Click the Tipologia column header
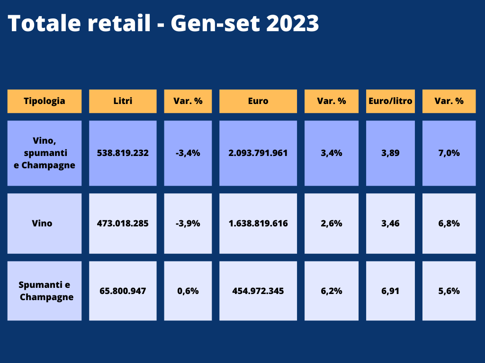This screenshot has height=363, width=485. pos(45,101)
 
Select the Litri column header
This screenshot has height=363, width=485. pos(123,101)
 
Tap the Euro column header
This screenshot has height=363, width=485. pos(258,101)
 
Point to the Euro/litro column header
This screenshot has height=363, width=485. pos(390,101)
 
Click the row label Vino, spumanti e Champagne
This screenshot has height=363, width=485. pos(45,153)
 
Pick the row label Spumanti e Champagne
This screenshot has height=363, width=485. pos(45,291)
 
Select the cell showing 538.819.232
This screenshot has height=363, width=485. pos(123,153)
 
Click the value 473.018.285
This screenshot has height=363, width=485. pos(123,223)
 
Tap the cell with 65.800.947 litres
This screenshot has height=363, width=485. pos(123,291)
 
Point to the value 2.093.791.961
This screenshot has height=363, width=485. pos(258,153)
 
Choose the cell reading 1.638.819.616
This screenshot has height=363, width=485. pos(258,223)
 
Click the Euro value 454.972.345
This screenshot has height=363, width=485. pos(258,291)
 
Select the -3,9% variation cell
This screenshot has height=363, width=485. pos(188,223)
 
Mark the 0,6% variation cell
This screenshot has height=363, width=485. pos(188,291)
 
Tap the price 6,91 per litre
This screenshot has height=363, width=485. pos(390,291)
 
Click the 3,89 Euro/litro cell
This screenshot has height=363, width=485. pos(390,153)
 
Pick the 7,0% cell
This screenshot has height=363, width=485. pos(449,153)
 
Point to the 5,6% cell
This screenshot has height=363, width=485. pos(449,291)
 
